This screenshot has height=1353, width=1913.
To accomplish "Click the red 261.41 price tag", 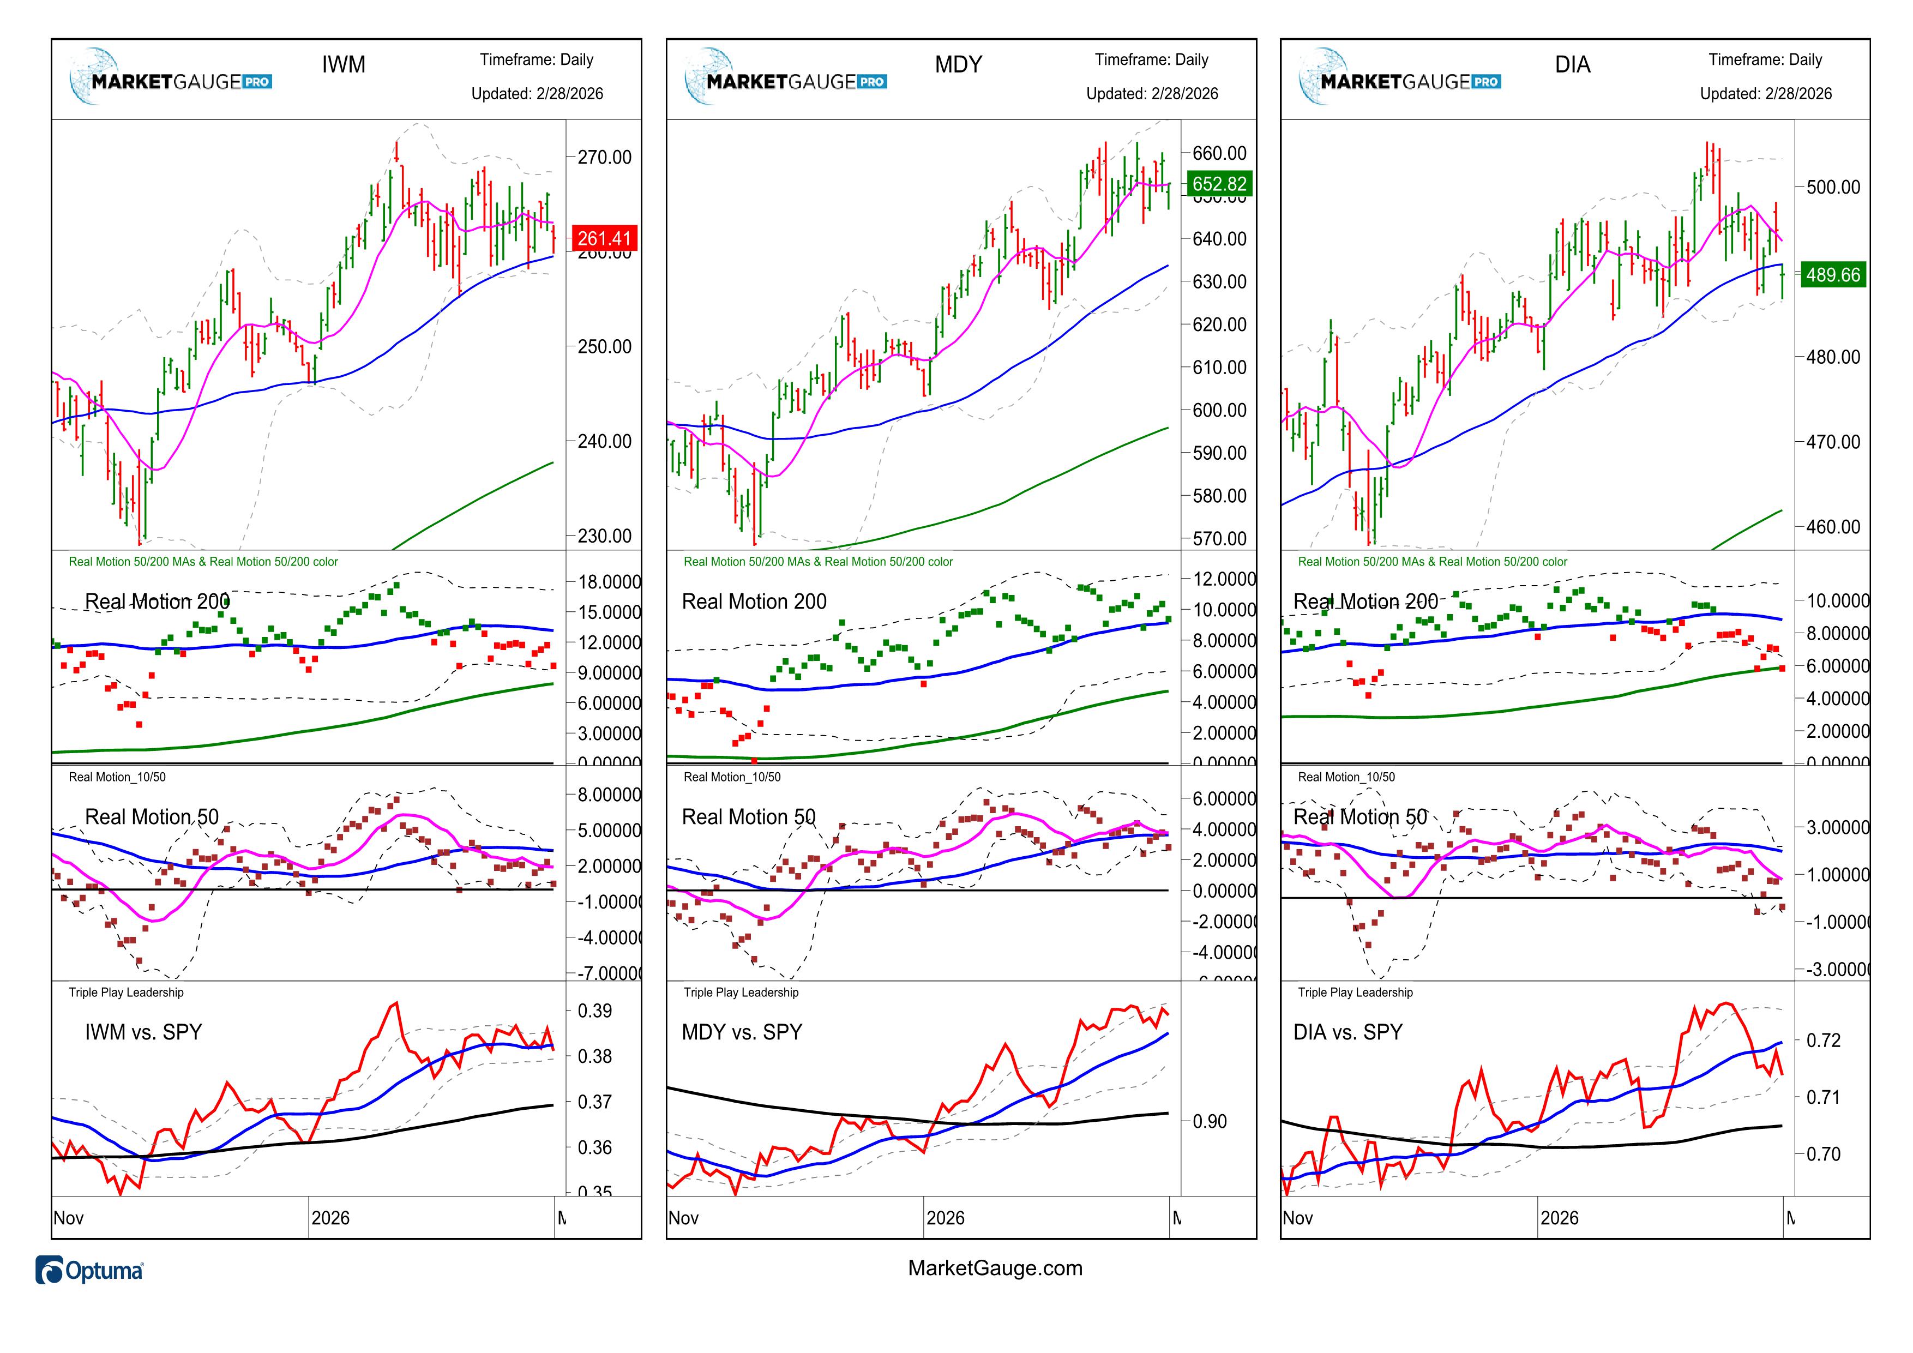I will [604, 238].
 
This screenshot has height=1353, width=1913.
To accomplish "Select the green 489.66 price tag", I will [1833, 275].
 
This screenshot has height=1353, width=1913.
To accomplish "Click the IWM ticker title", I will [343, 65].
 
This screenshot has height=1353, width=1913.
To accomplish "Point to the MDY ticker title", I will [958, 65].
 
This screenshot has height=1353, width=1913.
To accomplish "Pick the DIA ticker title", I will [1572, 65].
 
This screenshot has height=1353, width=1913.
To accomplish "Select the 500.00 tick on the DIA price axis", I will [1832, 188].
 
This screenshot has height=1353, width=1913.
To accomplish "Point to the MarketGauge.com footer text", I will [995, 1268].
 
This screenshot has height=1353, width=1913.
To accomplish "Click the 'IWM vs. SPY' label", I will [143, 1032].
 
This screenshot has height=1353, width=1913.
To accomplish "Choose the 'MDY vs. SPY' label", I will [742, 1032].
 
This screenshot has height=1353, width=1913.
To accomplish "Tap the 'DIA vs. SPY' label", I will [1347, 1032].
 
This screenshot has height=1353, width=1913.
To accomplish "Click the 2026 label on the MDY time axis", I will [945, 1218].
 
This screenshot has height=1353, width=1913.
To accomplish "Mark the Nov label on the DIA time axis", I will [1297, 1218].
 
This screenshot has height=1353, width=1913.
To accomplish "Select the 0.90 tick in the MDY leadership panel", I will [1210, 1121].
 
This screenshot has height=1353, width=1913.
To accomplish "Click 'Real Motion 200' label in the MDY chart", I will [754, 602].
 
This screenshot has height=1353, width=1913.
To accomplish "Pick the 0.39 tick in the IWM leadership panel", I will [595, 1011].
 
